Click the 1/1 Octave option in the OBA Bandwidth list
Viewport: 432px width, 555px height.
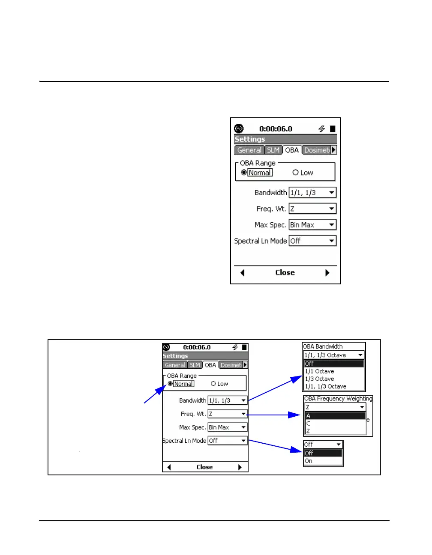coord(319,371)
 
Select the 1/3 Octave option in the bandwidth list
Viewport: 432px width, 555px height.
coord(319,379)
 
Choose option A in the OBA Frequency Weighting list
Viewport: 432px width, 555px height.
coord(309,416)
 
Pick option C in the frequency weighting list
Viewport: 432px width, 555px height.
coord(308,424)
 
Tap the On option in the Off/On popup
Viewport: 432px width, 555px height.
coord(309,461)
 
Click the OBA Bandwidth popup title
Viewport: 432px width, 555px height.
coord(323,346)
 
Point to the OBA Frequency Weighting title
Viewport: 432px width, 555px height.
coord(338,399)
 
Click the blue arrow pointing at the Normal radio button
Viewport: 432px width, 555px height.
coord(155,394)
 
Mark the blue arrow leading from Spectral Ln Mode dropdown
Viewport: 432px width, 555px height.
coord(274,446)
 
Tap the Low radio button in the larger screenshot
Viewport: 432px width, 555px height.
coord(295,173)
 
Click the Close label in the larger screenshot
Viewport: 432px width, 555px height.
coord(285,272)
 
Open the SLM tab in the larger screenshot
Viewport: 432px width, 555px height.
coord(273,150)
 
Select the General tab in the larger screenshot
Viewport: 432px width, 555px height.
coord(249,150)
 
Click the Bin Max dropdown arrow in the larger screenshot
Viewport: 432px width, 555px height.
coord(332,225)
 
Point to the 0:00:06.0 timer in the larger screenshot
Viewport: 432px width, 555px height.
coord(276,129)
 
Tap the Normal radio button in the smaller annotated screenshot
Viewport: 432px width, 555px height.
coord(171,384)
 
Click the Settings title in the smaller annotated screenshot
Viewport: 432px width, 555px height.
coord(175,356)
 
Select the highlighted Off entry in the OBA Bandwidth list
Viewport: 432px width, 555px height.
coord(309,364)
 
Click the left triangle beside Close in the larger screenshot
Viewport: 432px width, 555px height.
coord(243,273)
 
